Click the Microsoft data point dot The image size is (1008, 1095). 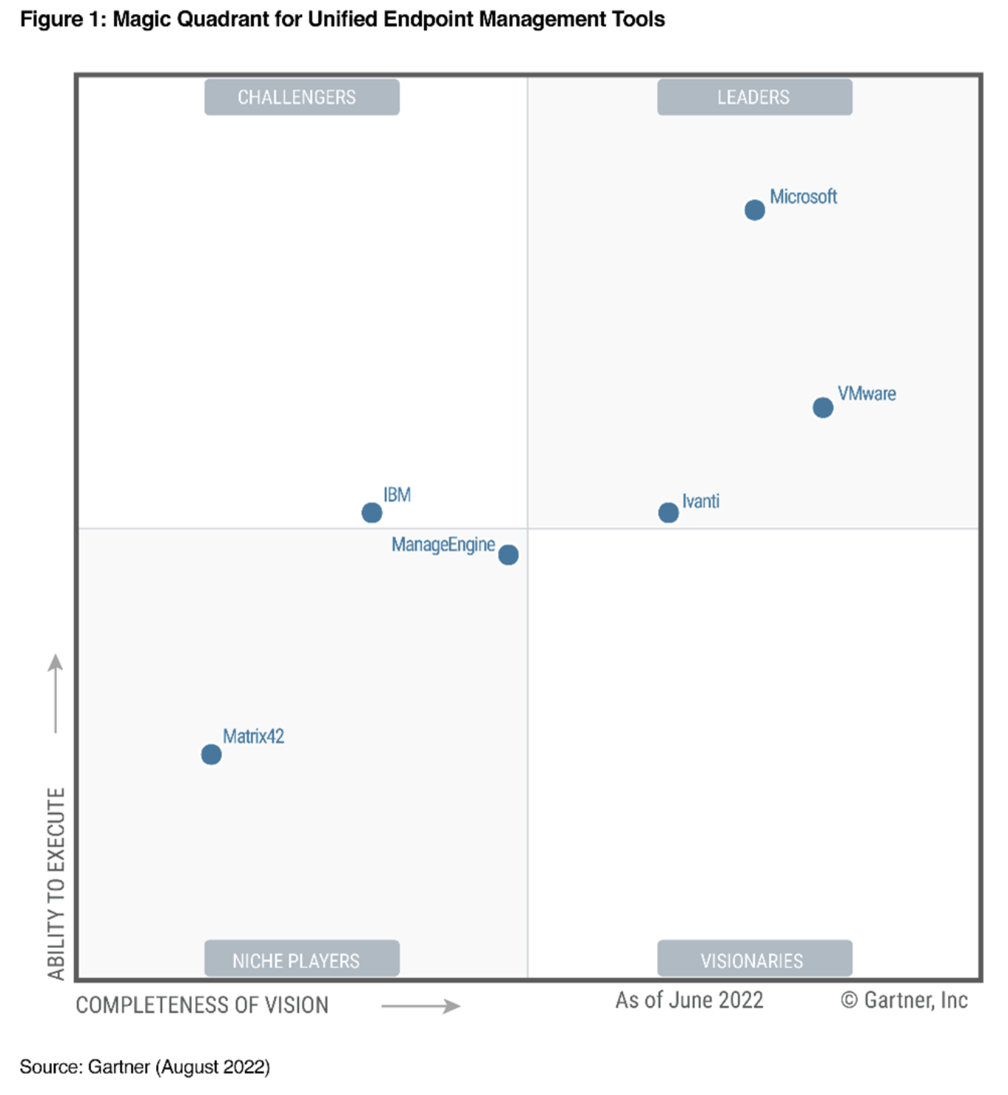(754, 210)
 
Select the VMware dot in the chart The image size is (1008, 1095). (822, 408)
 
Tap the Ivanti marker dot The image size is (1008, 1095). (668, 513)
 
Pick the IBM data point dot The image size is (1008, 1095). (372, 512)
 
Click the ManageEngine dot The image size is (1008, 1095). (508, 555)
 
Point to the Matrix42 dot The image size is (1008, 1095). (211, 755)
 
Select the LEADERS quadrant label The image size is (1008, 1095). (754, 97)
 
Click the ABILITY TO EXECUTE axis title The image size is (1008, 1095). (56, 883)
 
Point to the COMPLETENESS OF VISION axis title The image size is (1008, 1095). (202, 1005)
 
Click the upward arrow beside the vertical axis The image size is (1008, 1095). (56, 693)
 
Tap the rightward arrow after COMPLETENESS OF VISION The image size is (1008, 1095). (420, 1005)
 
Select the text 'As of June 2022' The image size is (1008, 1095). (689, 1000)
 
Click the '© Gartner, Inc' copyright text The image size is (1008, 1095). (904, 1000)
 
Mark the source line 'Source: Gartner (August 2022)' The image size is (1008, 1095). (145, 1067)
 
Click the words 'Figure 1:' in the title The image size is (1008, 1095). (64, 19)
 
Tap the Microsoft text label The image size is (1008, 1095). (803, 197)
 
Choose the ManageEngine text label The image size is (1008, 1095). (443, 545)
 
